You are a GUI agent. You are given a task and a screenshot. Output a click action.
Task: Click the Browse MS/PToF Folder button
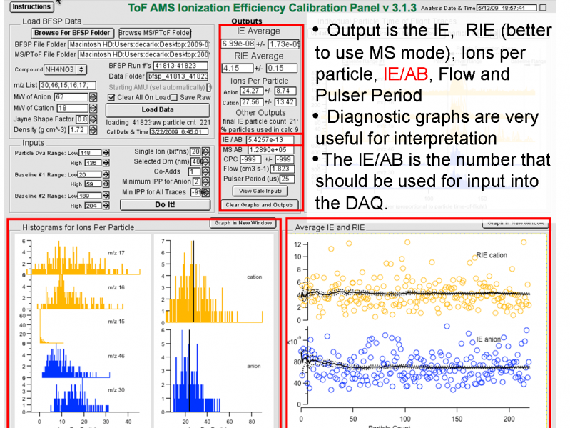(155, 33)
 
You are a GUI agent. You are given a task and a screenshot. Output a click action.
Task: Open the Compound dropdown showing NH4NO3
(65, 69)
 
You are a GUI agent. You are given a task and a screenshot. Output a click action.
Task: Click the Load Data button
(158, 109)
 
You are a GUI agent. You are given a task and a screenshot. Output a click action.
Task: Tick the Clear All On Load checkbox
(111, 97)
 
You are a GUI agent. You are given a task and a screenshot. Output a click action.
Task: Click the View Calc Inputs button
(260, 191)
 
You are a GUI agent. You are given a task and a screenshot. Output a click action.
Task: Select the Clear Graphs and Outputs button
(260, 204)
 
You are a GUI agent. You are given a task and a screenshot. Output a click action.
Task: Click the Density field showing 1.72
(78, 130)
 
